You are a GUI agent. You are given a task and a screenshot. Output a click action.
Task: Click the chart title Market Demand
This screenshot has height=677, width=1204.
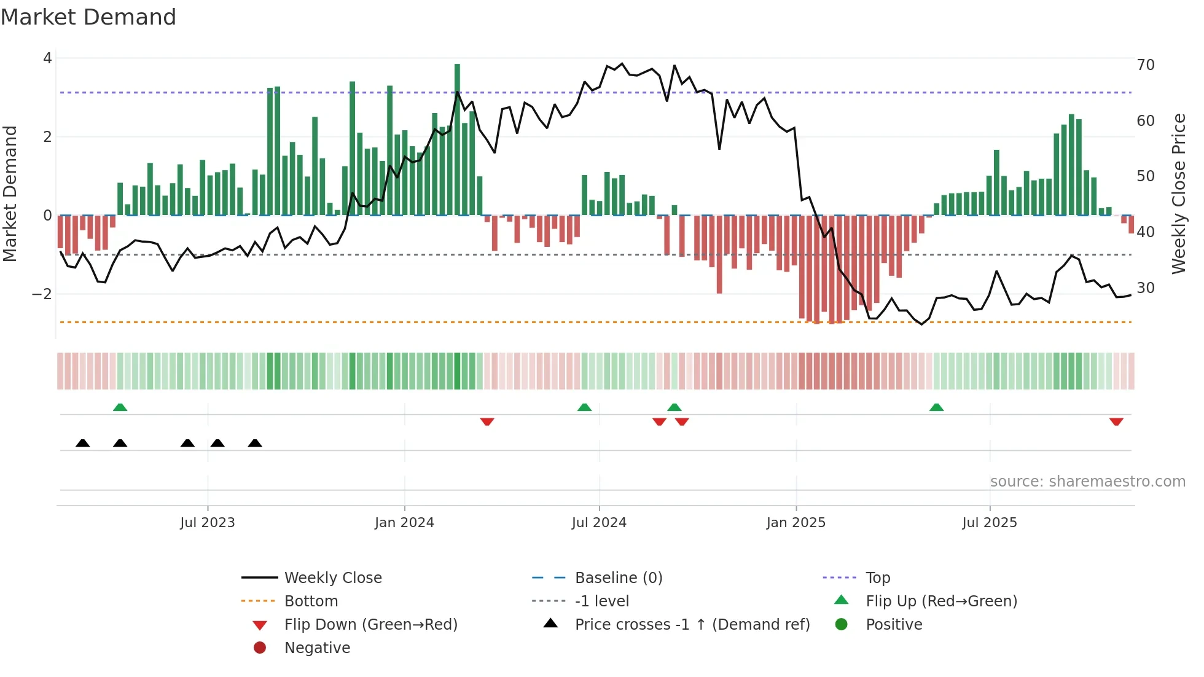coord(88,17)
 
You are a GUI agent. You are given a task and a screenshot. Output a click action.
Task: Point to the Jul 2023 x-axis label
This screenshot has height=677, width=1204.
coord(208,523)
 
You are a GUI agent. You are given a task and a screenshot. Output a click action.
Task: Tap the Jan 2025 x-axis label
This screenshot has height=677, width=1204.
coord(796,523)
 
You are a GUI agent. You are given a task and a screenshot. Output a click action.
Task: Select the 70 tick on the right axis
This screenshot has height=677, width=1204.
coord(1145,65)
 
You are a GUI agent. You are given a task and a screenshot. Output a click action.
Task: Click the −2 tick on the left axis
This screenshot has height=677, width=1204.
coord(42,294)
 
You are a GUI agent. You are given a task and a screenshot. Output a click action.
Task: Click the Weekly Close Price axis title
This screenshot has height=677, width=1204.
coord(1178,194)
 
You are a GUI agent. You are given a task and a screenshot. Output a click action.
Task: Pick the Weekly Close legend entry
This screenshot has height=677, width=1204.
coord(332,578)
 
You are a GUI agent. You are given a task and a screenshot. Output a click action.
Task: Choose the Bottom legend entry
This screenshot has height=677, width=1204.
coord(311,601)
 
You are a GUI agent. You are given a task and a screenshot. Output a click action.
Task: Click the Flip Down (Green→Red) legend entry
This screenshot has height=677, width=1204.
coord(370,625)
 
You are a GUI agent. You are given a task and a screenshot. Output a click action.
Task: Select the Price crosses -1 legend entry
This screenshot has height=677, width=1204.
coord(692,625)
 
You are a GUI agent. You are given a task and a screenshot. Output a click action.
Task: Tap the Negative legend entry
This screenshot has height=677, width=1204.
coord(317,648)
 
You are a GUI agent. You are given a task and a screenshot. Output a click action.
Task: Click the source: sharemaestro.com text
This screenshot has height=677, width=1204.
coord(1087,482)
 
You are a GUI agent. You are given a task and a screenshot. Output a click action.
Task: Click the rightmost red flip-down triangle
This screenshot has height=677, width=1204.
coord(1116,421)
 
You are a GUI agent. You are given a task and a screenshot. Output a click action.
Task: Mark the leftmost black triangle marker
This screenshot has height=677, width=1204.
coord(83,443)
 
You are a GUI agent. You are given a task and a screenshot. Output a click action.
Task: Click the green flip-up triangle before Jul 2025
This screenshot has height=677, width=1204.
coord(936,407)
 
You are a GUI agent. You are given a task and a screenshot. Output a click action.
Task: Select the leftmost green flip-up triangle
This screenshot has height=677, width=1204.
coord(120,407)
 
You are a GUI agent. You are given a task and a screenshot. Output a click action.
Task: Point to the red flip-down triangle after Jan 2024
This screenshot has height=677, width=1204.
coord(487,421)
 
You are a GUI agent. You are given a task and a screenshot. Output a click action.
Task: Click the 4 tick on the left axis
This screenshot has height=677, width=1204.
coord(47,58)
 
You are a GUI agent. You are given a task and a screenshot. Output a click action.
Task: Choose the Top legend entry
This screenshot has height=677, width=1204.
coord(877,578)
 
